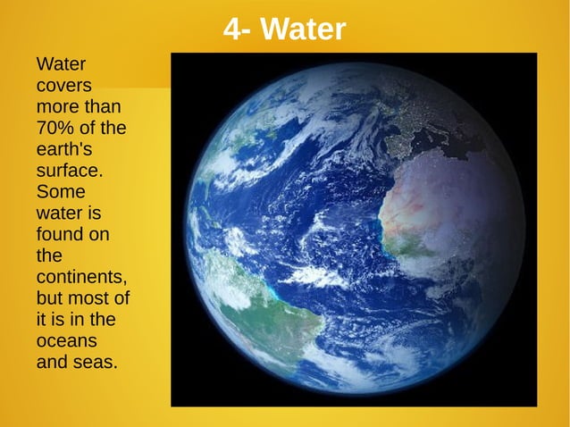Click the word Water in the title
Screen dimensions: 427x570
click(306, 30)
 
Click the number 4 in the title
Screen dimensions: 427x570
click(232, 30)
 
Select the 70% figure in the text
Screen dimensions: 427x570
click(55, 128)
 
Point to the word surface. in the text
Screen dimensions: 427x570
click(70, 170)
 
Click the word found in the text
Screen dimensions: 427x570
click(60, 235)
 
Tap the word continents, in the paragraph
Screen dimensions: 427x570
click(81, 278)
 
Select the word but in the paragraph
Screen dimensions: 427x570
click(49, 299)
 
